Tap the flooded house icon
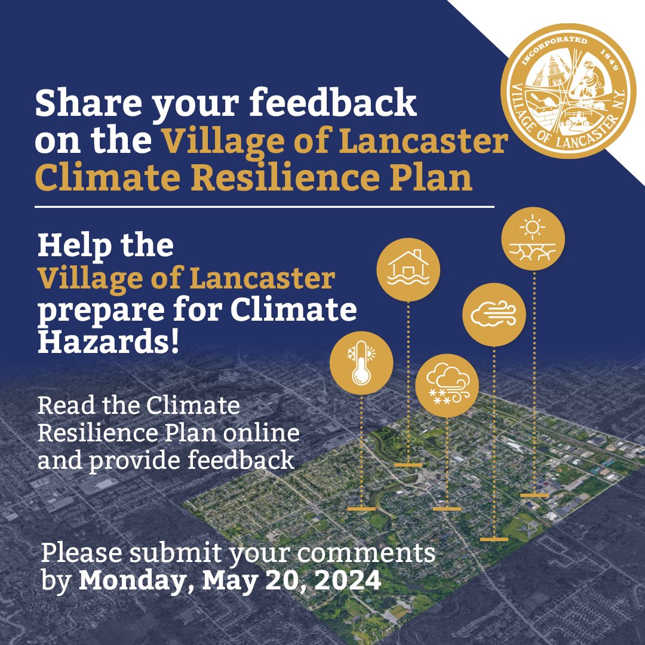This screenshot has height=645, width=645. pyautogui.click(x=408, y=270)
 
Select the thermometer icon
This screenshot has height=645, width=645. pyautogui.click(x=361, y=363)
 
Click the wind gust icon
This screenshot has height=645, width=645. pyautogui.click(x=494, y=314)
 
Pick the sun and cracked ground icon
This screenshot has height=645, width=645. pyautogui.click(x=533, y=239)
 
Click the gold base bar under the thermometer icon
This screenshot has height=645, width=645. pyautogui.click(x=361, y=509)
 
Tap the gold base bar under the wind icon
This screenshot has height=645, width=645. pyautogui.click(x=494, y=539)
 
